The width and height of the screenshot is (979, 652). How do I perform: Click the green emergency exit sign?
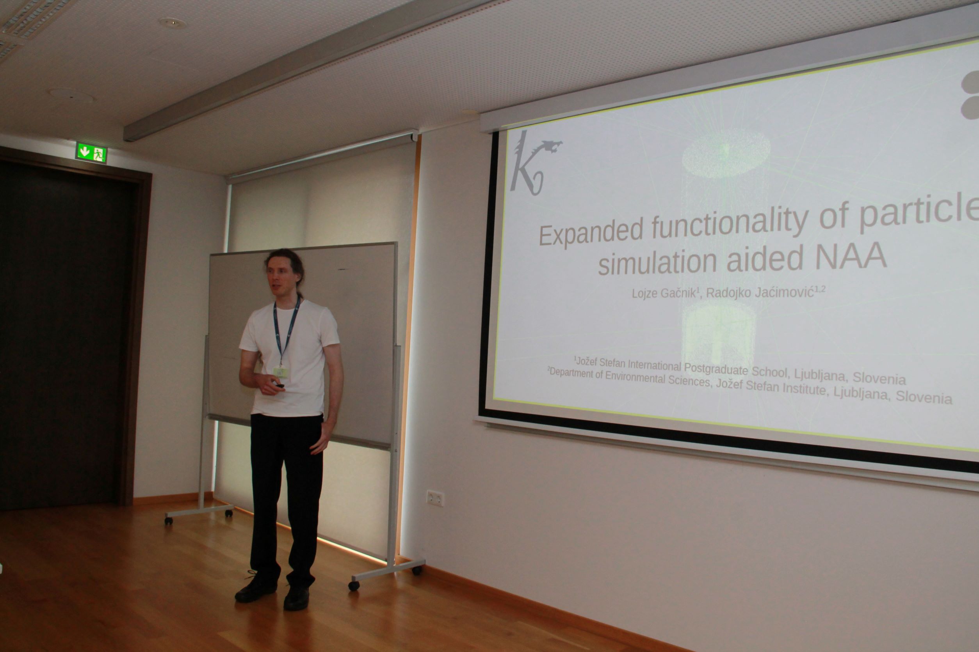pos(91,152)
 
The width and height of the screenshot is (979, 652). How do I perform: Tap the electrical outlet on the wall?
pos(435,498)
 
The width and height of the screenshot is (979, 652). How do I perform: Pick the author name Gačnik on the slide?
pos(678,293)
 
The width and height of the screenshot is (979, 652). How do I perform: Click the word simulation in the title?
pos(658,261)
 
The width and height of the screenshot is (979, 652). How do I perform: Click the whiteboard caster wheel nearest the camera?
pos(354,586)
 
